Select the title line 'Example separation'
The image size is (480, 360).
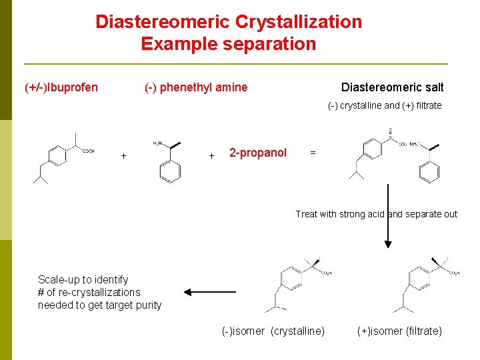pos(228,45)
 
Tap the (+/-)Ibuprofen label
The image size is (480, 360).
pos(61,87)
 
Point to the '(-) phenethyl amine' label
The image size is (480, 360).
pos(196,87)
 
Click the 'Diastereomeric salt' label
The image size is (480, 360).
pos(392,87)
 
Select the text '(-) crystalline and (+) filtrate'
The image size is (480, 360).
pos(385,105)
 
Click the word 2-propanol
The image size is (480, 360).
pos(258,153)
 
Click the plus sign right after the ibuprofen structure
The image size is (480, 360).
pos(123,156)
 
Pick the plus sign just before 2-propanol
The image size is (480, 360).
pos(211,156)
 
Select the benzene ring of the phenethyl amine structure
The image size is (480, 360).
pos(170,171)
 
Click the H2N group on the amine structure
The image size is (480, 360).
pos(158,143)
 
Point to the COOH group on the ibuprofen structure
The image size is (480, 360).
pos(88,151)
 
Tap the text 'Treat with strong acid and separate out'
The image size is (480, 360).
pos(377,214)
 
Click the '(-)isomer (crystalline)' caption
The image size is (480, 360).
pos(273,331)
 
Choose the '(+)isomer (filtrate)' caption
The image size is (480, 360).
pos(399,331)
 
